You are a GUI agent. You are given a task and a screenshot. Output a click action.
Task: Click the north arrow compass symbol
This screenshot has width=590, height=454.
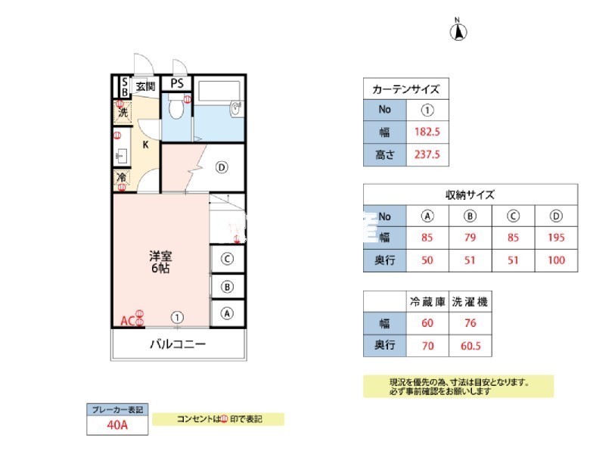tap(458, 32)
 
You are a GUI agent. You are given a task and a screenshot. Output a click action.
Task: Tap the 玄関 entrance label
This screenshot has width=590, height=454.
tap(145, 86)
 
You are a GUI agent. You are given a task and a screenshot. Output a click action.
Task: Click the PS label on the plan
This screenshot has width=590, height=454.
tap(176, 84)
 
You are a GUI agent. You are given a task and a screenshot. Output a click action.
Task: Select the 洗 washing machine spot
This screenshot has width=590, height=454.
tap(122, 113)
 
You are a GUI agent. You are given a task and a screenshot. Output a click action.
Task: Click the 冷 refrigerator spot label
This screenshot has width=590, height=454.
tap(122, 179)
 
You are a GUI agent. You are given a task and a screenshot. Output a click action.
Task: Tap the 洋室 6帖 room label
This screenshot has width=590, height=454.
tap(159, 262)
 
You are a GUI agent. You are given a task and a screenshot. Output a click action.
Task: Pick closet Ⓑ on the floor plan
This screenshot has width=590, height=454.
tap(227, 286)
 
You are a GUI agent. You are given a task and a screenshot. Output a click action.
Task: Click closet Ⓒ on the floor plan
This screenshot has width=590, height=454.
tap(227, 259)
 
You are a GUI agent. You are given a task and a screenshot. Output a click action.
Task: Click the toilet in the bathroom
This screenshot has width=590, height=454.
tap(175, 110)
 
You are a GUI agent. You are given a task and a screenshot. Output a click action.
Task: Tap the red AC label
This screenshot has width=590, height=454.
tap(128, 321)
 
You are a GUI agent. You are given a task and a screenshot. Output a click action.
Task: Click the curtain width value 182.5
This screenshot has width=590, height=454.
tap(427, 132)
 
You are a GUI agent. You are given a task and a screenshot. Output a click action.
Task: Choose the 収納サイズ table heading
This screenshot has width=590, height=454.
tap(470, 194)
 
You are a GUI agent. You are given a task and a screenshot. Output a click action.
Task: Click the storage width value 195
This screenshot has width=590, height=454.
tap(556, 237)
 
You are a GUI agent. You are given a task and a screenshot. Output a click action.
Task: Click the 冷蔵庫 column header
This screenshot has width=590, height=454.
tap(427, 302)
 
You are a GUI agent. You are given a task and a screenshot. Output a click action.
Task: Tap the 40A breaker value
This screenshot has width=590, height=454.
tap(117, 425)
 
